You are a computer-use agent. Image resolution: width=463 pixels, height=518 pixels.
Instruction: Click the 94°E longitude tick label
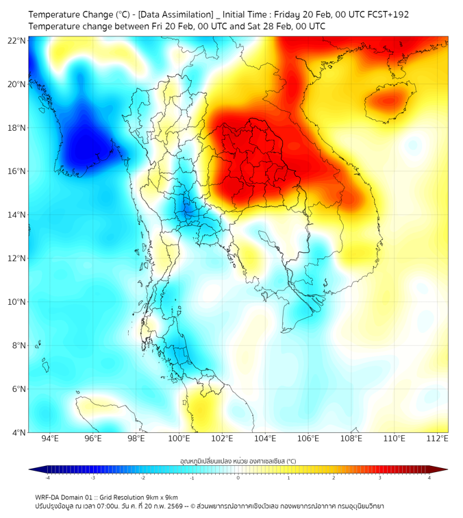pos(50,439)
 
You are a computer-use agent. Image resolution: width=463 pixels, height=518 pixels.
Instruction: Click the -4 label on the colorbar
pos(47,478)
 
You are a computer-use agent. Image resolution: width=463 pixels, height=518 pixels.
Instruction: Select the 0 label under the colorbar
pos(238,478)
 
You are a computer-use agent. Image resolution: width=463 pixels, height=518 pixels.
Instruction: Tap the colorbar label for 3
pos(381,478)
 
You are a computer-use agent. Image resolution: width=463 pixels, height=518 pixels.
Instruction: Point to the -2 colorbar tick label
pos(142,478)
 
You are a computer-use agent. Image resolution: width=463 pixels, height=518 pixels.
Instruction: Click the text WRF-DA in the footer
pos(49,497)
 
